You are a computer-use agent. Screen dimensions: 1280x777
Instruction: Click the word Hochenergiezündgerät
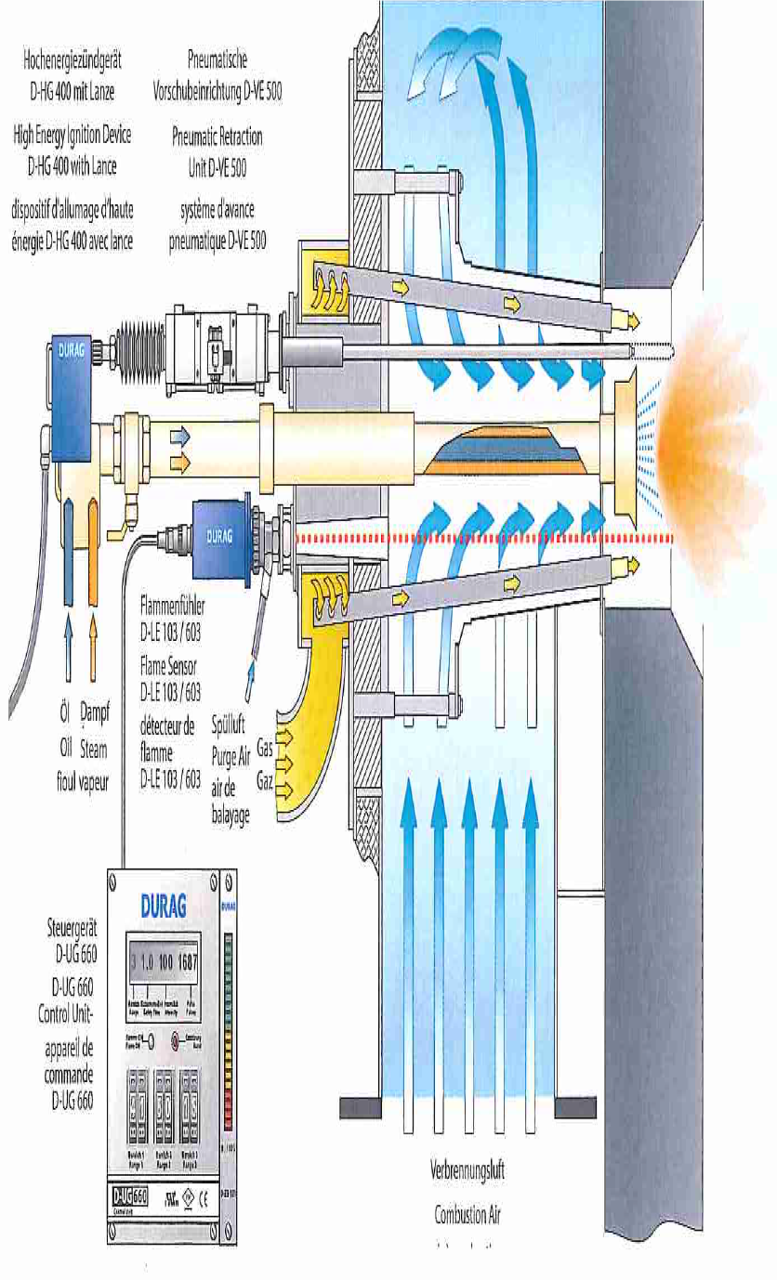[72, 60]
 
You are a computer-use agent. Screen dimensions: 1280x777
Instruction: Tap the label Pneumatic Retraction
[217, 137]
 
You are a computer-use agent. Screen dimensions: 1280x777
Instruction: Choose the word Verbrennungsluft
[467, 1170]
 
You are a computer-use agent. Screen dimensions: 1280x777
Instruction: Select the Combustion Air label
[467, 1214]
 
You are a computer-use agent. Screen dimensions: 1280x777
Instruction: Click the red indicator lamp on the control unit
[173, 1042]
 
